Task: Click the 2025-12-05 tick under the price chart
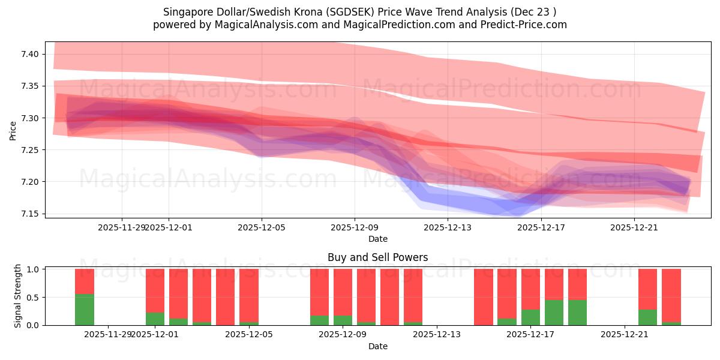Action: pos(262,227)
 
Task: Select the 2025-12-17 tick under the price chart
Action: pos(541,227)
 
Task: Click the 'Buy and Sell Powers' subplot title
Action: pos(377,257)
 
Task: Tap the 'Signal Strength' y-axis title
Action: pos(18,296)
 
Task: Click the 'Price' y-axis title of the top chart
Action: pos(13,130)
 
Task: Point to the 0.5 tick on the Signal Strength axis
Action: pos(33,298)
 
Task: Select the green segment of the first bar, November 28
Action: pos(85,310)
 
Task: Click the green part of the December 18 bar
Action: pos(577,313)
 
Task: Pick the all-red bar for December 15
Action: pos(483,297)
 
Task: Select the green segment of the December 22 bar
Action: pos(647,317)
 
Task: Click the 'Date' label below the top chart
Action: pos(377,239)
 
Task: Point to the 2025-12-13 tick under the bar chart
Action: pos(436,335)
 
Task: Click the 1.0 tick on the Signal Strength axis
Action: pos(33,269)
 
